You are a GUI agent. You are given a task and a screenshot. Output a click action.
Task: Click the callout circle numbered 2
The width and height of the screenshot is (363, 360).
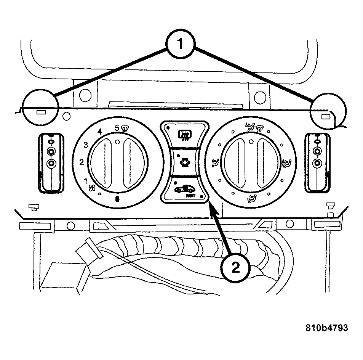pyautogui.click(x=236, y=268)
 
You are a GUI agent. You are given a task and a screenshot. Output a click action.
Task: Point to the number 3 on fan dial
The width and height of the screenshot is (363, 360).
pyautogui.click(x=86, y=145)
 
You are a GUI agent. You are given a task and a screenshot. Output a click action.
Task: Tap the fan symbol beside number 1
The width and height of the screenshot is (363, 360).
pyautogui.click(x=91, y=188)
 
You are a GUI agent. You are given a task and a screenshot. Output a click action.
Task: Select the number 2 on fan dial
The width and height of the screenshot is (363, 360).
pyautogui.click(x=81, y=163)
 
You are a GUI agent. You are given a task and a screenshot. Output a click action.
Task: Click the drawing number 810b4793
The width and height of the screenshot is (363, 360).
pyautogui.click(x=327, y=328)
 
